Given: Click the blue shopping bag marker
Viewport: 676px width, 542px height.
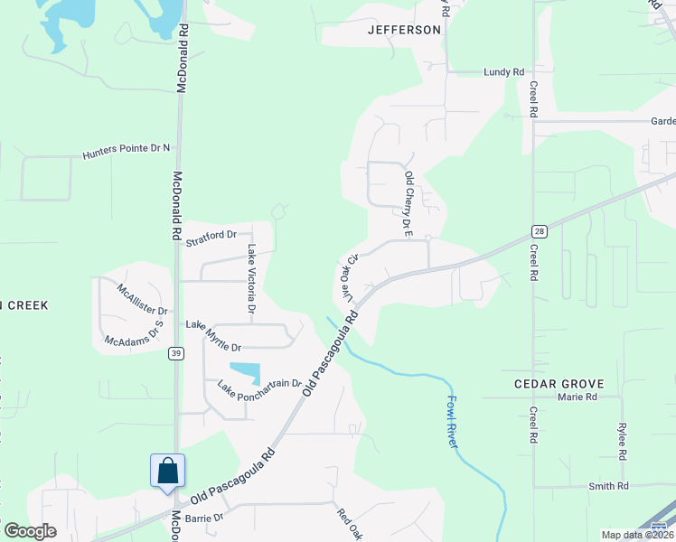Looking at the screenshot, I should point(167,472).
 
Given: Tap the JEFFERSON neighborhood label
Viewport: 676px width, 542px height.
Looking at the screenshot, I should point(404,30).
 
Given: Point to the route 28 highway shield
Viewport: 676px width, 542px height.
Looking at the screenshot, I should point(539,232).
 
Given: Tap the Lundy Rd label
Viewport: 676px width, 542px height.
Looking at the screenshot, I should point(503,71).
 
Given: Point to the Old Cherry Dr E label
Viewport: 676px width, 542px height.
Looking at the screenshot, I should point(408,204).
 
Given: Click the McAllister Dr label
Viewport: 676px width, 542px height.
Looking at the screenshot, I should point(142,299).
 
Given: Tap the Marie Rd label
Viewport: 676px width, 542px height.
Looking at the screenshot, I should point(577,397).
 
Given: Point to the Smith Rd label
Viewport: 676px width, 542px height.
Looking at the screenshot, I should point(608,486).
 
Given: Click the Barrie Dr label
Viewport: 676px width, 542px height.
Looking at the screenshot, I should point(203,518).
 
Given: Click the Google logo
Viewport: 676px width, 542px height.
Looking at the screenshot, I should point(30,531).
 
